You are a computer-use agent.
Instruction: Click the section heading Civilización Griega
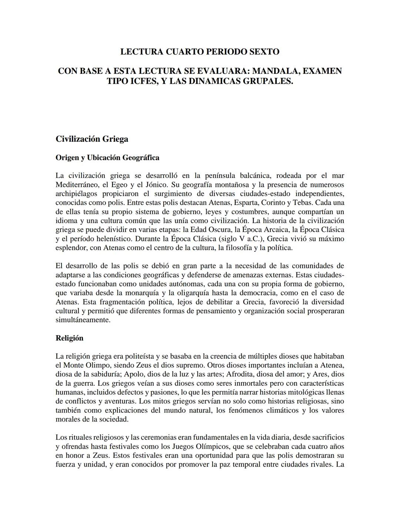pos(92,139)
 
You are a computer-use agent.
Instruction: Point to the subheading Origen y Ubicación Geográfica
pos(107,158)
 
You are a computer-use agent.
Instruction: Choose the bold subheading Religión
pos(69,338)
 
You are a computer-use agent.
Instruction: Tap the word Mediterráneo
pos(77,185)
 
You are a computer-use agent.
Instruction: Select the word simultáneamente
pos(83,320)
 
